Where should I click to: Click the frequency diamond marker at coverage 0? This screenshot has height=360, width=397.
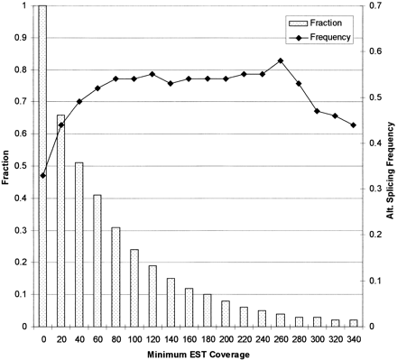coord(42,175)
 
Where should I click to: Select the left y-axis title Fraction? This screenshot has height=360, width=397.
coord(7,167)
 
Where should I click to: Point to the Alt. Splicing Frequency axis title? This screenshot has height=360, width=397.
coord(390,167)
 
